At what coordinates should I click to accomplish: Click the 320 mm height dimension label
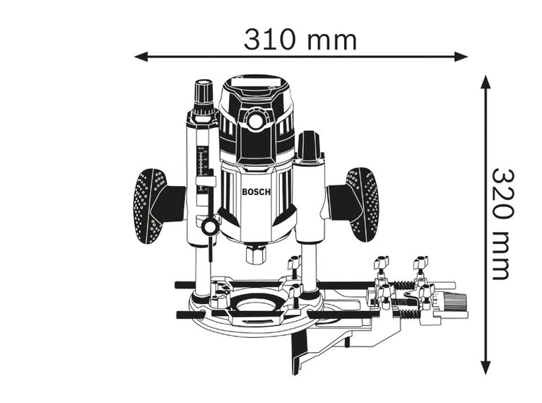(502, 223)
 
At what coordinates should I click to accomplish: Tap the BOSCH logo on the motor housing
(256, 192)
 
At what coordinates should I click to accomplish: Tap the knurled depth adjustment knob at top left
(204, 93)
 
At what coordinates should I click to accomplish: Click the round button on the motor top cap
(256, 122)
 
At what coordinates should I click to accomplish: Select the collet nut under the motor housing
(255, 253)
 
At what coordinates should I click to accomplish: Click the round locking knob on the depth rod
(210, 226)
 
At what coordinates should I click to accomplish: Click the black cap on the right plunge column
(308, 146)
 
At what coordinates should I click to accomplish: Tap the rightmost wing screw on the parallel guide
(422, 264)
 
